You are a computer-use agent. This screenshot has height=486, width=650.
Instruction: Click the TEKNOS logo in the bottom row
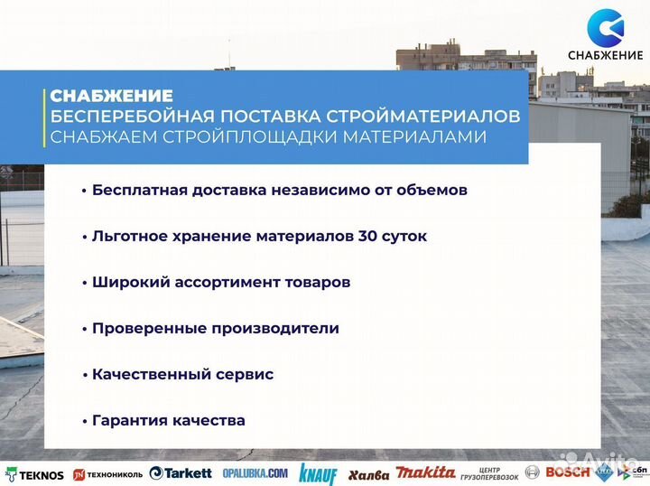35,474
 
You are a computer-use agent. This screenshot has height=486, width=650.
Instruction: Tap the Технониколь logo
107,474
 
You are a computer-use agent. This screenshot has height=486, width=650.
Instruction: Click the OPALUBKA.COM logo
254,473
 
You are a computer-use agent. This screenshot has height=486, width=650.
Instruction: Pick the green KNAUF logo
317,473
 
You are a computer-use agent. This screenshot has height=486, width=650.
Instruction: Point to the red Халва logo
368,474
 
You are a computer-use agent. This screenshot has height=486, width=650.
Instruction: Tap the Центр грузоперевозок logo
487,472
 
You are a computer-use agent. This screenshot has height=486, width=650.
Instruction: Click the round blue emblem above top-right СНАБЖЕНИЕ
604,27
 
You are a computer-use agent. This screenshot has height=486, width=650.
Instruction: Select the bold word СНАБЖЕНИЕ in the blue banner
111,95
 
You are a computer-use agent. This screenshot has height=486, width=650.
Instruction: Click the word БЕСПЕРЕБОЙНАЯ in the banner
122,117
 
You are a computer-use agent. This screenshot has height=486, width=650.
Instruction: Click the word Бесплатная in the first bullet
136,190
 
